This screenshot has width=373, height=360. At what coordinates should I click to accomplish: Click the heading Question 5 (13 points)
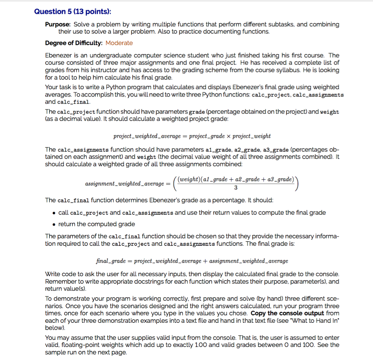72,11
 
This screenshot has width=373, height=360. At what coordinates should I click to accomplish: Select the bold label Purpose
58,24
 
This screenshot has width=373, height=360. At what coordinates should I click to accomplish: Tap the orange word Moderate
119,43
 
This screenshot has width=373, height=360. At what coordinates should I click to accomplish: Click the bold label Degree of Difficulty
74,43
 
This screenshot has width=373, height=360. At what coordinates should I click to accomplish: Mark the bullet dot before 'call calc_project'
54,213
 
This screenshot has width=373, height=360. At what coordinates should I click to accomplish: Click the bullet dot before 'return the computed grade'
54,224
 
